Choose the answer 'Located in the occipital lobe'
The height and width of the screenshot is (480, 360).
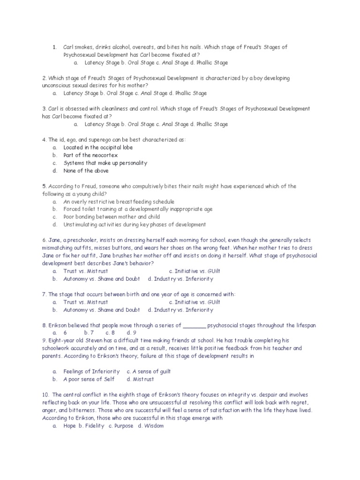tap(98, 147)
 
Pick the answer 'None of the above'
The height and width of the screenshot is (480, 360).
tap(86, 171)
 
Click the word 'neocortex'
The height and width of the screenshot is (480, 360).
tap(105, 155)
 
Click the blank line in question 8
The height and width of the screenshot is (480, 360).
tap(194, 325)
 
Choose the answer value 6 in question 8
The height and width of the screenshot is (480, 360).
tap(65, 333)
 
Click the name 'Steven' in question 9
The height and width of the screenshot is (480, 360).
tap(85, 341)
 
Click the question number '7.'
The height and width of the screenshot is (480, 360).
tap(44, 294)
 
